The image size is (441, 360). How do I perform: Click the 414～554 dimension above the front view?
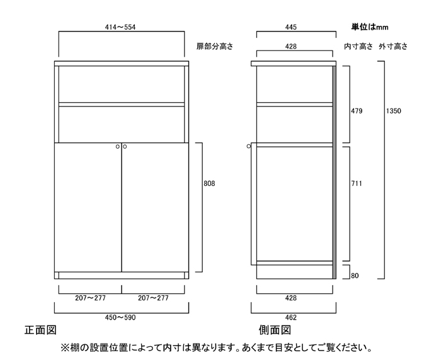click(120, 27)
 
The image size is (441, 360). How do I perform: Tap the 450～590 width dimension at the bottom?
click(120, 318)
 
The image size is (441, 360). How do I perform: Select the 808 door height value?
click(209, 183)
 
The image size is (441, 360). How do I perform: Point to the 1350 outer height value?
click(394, 111)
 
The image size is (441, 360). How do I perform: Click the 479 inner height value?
click(357, 111)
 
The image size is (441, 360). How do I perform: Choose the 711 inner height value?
click(357, 183)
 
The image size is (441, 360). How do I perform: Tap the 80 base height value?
click(355, 276)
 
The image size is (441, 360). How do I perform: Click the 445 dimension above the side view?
click(291, 27)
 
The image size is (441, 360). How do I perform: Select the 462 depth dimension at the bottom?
click(291, 318)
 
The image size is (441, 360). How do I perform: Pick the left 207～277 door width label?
click(90, 298)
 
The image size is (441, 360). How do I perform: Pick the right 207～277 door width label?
click(153, 298)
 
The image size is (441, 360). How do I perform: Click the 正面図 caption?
click(40, 330)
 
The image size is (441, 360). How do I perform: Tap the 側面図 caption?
click(275, 330)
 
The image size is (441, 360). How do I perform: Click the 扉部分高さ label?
click(215, 46)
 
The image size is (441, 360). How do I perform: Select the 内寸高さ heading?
click(358, 46)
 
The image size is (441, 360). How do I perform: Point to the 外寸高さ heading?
click(393, 46)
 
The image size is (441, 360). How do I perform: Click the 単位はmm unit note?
click(370, 27)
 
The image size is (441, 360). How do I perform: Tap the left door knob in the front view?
click(118, 147)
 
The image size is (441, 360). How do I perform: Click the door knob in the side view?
click(249, 146)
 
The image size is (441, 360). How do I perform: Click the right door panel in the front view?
click(155, 207)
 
